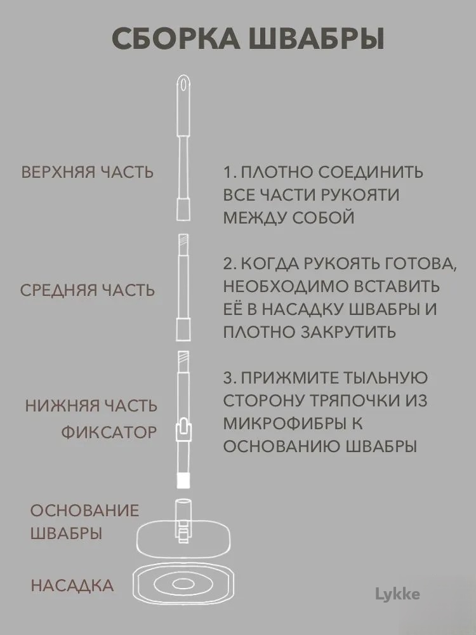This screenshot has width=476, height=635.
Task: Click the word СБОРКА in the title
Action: [x=176, y=39]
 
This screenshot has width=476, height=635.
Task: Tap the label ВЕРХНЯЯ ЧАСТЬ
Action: [x=88, y=172]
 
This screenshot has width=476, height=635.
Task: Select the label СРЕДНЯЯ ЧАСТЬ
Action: [x=88, y=290]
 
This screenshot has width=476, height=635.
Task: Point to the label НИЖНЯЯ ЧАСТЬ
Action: [x=91, y=406]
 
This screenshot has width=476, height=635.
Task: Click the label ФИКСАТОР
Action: [x=109, y=432]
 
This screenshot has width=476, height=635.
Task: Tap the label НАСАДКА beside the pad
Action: [x=72, y=586]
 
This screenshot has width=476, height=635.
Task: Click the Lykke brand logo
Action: [x=397, y=594]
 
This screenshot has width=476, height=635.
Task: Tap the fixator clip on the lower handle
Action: [x=183, y=430]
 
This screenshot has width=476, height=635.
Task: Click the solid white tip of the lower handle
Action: [x=183, y=480]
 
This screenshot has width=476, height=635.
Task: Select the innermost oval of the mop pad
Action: [x=183, y=584]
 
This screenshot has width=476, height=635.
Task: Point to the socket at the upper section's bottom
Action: [x=183, y=210]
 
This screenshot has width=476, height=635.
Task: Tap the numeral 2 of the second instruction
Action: [x=228, y=264]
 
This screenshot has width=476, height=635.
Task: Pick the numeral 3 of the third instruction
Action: [x=228, y=378]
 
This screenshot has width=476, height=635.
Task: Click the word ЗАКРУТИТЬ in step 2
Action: [x=348, y=332]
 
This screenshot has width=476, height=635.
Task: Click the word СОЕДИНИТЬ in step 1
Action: [x=370, y=172]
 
